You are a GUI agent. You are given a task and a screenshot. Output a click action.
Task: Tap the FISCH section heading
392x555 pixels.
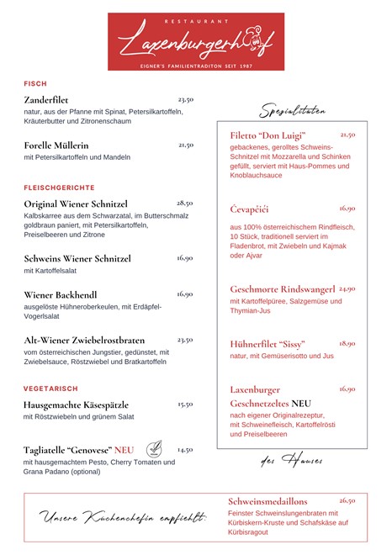point(35,83)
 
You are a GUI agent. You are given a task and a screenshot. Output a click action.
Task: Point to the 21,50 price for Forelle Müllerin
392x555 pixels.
point(186,145)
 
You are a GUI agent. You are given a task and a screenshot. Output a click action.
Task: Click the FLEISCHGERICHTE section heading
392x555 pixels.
point(59,188)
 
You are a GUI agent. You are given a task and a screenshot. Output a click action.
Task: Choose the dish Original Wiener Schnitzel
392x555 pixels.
point(76,204)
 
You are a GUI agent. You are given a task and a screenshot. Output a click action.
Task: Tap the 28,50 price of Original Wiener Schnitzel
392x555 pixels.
point(185,203)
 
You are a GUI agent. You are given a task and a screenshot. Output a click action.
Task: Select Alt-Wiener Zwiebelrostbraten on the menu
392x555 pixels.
point(86,341)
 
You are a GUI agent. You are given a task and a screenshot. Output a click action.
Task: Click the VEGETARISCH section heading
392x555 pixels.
point(50,388)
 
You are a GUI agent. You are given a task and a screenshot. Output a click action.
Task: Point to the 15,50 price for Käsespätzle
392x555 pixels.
point(185,404)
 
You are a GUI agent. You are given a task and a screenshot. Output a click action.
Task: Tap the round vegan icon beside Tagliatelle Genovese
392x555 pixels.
point(154,448)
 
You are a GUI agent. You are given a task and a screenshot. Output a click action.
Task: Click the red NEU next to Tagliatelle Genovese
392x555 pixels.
point(124,450)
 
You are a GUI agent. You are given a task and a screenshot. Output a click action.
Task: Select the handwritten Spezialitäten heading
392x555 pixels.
point(293,111)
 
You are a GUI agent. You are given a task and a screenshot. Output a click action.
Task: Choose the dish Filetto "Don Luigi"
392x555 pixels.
point(268,135)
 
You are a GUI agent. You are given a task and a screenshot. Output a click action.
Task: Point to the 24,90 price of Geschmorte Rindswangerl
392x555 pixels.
point(347,288)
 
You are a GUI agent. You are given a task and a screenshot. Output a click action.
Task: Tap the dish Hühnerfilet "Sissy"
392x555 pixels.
point(268,344)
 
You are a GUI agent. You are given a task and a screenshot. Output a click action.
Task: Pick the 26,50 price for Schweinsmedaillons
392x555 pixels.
point(347,500)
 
